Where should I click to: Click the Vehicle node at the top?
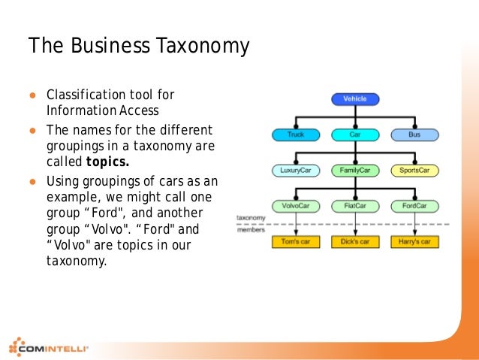tap(355, 98)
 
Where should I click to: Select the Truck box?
tap(296, 135)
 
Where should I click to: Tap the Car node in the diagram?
tap(355, 135)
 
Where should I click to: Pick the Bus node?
tap(414, 135)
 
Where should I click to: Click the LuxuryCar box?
tap(296, 171)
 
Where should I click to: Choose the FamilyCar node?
tap(355, 171)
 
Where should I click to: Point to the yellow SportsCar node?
tap(414, 171)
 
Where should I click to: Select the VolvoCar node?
tap(296, 206)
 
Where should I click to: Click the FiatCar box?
tap(355, 206)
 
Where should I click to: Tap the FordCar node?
tap(414, 206)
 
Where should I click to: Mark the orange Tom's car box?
tap(296, 242)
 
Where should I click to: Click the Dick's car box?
tap(355, 242)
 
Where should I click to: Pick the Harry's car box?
tap(414, 242)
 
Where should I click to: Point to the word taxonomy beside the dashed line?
tap(249, 218)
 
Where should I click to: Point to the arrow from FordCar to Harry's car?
tap(414, 224)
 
